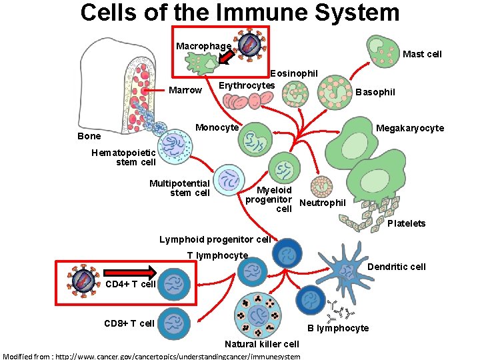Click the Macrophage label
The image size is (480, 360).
[x=203, y=46]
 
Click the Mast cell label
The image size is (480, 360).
[x=422, y=54]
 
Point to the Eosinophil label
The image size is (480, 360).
[x=294, y=73]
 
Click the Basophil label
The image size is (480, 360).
[x=375, y=92]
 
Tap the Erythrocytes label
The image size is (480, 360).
[x=247, y=85]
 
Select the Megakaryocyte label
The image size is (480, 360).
[x=409, y=128]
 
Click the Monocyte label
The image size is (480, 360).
[x=217, y=127]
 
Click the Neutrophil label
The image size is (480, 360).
[x=323, y=203]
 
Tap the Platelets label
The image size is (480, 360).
[x=406, y=223]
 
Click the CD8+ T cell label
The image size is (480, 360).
[x=129, y=323]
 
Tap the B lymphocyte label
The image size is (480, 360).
[x=338, y=328]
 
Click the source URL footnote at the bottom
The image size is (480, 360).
[x=152, y=356]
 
